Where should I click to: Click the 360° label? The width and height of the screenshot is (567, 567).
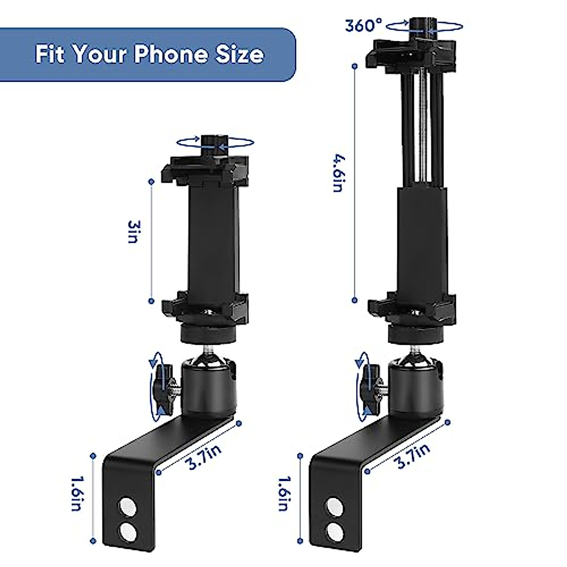363,25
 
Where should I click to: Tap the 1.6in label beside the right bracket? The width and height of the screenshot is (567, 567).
283,494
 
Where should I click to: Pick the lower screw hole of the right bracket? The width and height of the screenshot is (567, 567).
334,528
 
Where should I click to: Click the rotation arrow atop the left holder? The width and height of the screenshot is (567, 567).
215,142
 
